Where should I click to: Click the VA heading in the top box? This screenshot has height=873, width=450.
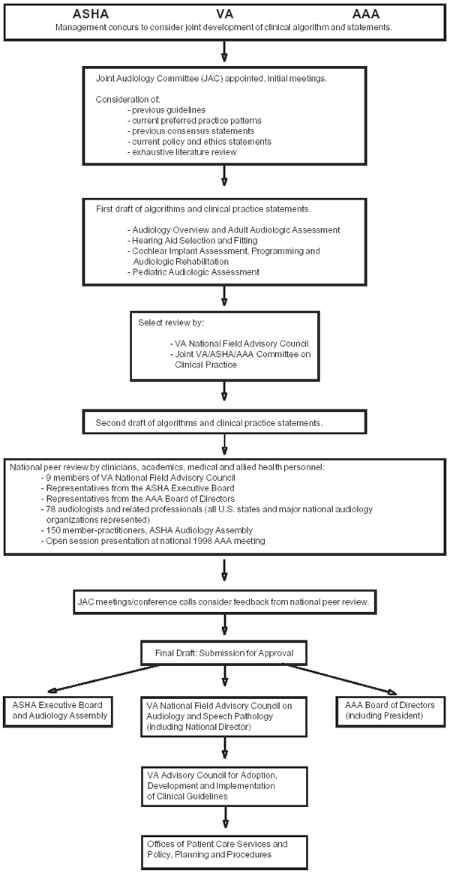tap(225, 16)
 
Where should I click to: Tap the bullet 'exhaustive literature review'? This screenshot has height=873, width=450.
tap(183, 152)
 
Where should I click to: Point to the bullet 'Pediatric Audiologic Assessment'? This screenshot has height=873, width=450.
tap(193, 271)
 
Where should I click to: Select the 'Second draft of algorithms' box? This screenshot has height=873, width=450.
tap(224, 422)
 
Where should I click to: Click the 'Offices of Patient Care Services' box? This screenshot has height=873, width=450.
tap(224, 851)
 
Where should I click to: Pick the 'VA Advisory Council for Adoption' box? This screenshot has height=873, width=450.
tap(224, 785)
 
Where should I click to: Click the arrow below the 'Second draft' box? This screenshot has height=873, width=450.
tap(224, 444)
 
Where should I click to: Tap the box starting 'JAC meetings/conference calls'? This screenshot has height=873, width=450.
tap(224, 601)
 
